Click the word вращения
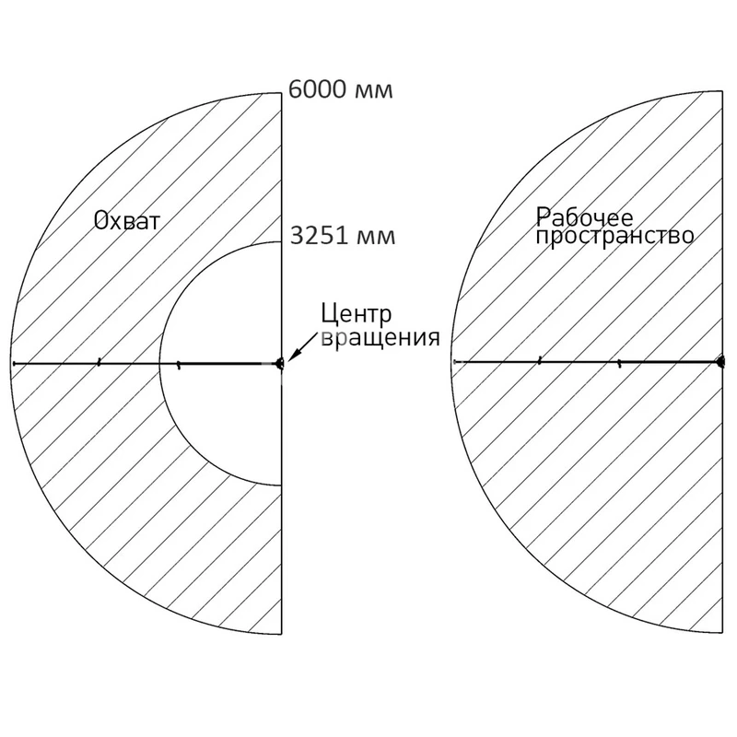379,336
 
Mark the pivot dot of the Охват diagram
281,363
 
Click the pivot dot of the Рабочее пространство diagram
721,362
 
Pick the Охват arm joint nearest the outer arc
98,363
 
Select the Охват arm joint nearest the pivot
179,364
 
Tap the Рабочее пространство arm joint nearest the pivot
619,363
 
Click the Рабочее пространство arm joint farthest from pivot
539,362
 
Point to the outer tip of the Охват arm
13,364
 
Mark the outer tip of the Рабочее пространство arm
453,362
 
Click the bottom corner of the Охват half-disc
281,635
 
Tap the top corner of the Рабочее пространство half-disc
721,91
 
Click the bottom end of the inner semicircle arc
281,485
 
